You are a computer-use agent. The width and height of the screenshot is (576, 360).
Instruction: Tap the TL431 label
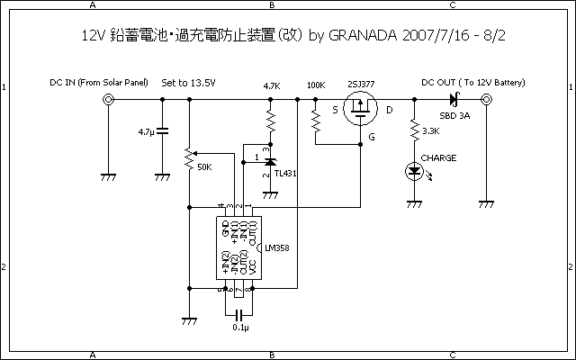pyautogui.click(x=286, y=173)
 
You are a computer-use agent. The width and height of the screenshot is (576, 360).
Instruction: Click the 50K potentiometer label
pyautogui.click(x=204, y=167)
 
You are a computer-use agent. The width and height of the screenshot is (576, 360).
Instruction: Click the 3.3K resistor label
pyautogui.click(x=430, y=132)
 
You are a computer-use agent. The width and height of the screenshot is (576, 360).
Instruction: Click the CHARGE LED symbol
pyautogui.click(x=414, y=169)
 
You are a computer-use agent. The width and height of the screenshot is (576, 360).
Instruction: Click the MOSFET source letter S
pyautogui.click(x=335, y=111)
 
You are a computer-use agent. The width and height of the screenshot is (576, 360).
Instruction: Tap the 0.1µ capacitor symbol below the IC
pyautogui.click(x=238, y=314)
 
